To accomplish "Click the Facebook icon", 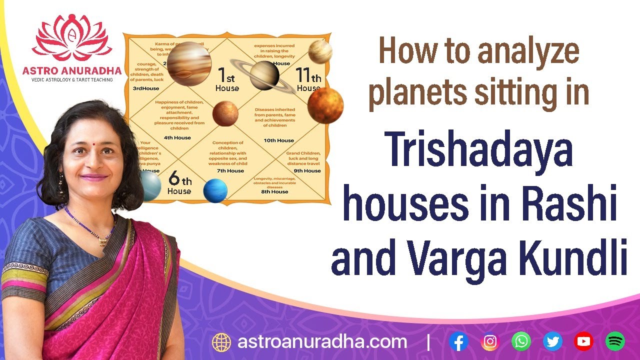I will pos(458,341).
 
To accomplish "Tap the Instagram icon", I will pos(490,341).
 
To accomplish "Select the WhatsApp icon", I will pos(521,341).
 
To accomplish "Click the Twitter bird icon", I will pos(552,341).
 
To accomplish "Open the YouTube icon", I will pos(583,341).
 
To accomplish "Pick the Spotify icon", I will pos(615,341).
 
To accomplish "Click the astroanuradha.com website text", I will pos(322,342).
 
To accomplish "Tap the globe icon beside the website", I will pos(221,342).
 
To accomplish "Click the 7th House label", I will pos(230,171).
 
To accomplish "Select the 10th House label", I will pos(278,140).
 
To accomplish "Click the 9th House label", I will pos(307,171).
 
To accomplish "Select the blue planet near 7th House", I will pos(215,190).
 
